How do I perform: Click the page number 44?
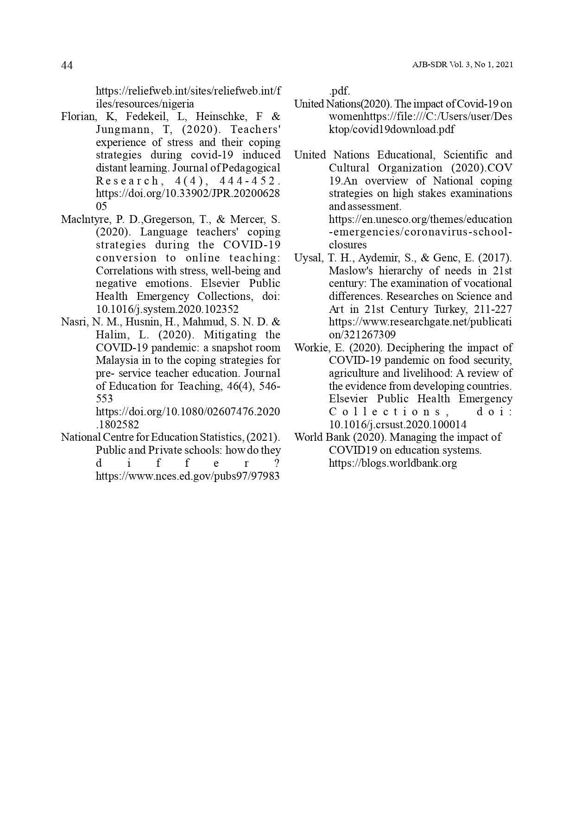click(x=67, y=65)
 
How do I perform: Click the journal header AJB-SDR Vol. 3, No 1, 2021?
click(x=462, y=65)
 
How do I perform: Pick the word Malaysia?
click(x=117, y=361)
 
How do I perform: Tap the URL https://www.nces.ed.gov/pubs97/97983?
click(x=188, y=476)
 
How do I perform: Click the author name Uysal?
click(x=308, y=258)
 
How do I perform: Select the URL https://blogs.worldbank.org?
click(x=392, y=463)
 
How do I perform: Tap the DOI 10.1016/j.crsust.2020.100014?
click(x=398, y=425)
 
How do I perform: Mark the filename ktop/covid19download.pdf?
click(x=392, y=129)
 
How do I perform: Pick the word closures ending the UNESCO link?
click(x=348, y=245)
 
